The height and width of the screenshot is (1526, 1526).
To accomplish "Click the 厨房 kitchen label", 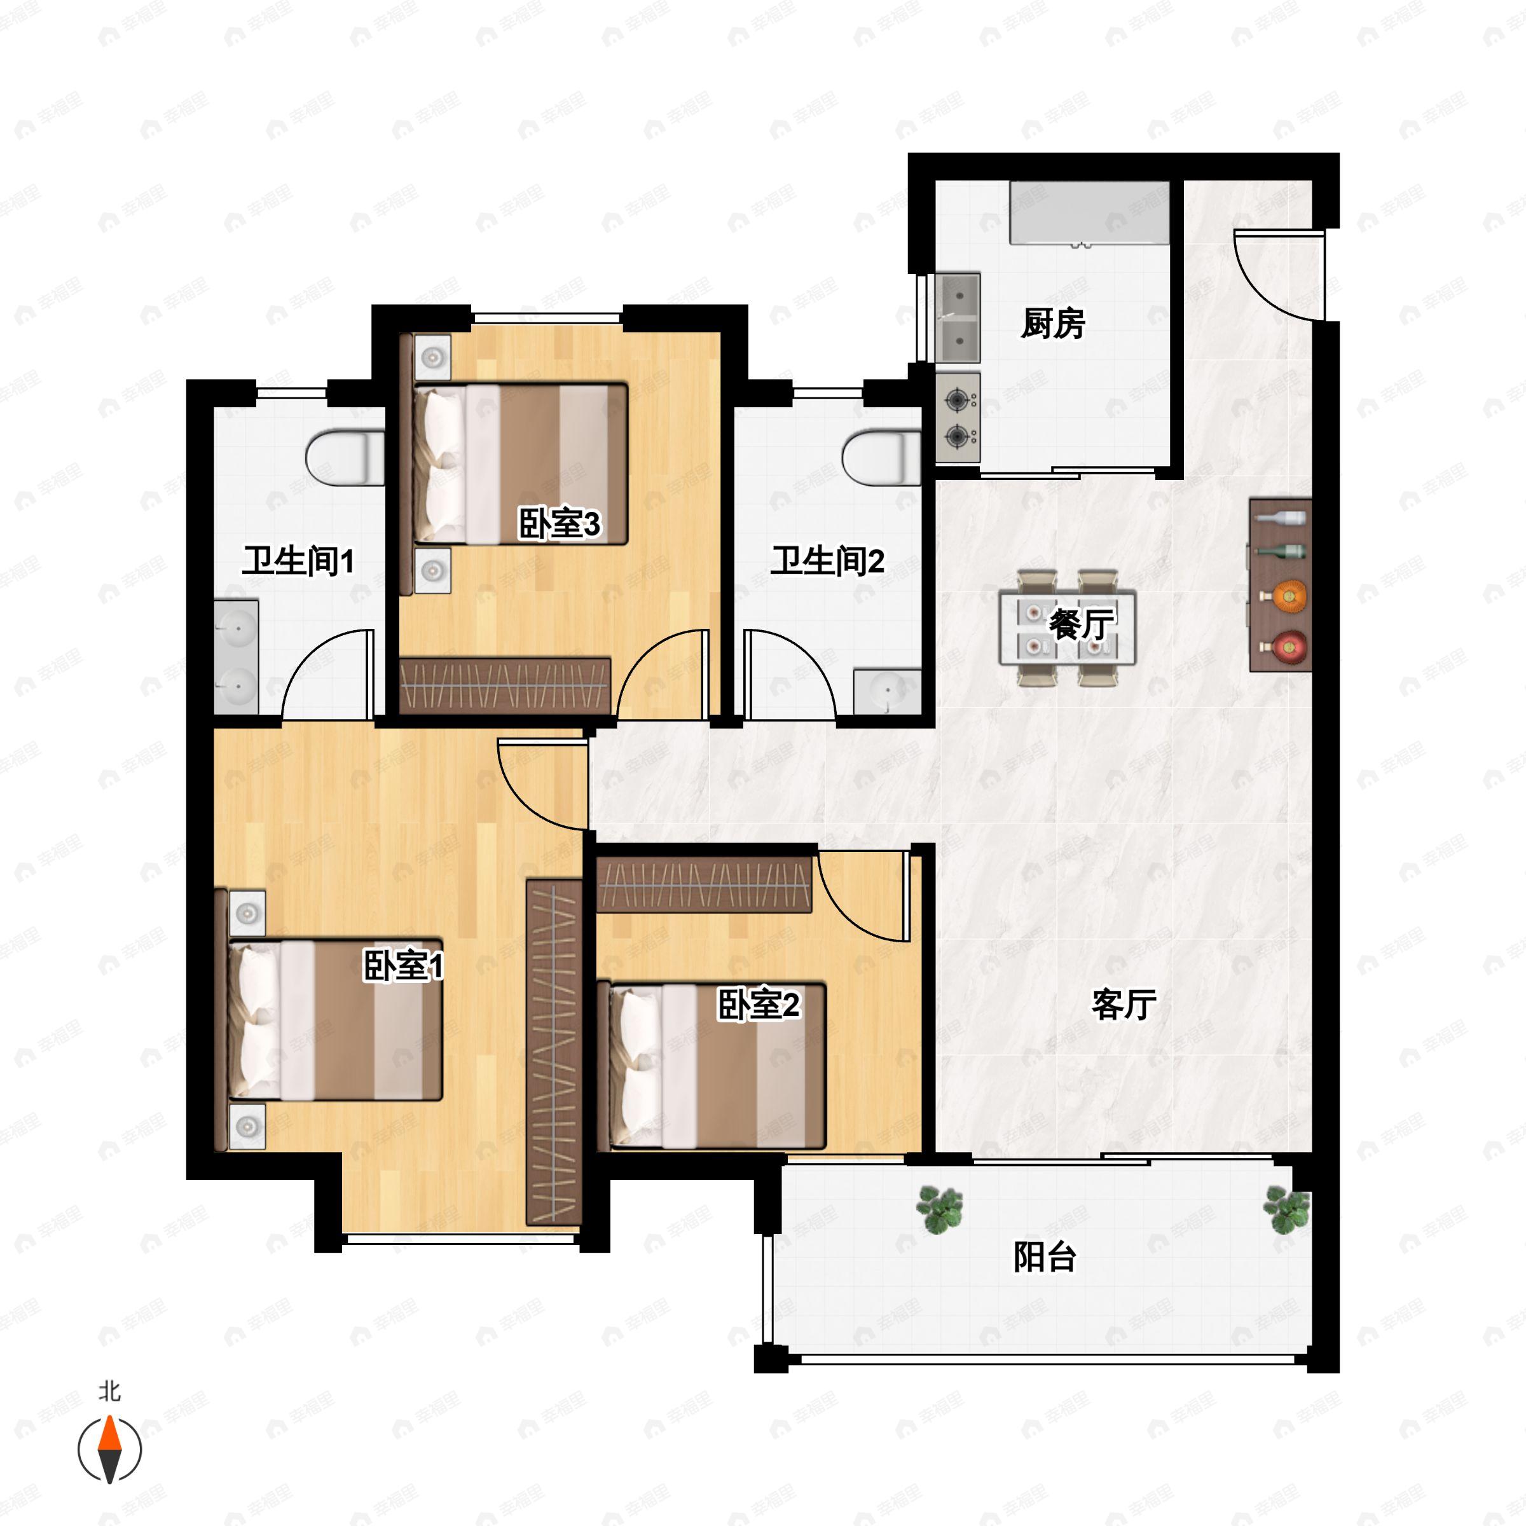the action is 1052,324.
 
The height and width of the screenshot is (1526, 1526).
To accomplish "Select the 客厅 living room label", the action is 1124,1005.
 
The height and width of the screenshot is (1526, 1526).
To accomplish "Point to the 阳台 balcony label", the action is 1045,1256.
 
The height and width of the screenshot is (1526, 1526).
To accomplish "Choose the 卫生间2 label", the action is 828,561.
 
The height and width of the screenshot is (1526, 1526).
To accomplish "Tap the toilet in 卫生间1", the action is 345,457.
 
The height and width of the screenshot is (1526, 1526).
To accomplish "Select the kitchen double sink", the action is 958,317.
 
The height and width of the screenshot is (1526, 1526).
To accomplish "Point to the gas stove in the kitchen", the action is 958,418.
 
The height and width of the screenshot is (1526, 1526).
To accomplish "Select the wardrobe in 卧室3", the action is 505,685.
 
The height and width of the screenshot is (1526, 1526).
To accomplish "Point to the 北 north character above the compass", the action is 110,1391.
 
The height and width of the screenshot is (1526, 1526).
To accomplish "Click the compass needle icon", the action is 110,1450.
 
